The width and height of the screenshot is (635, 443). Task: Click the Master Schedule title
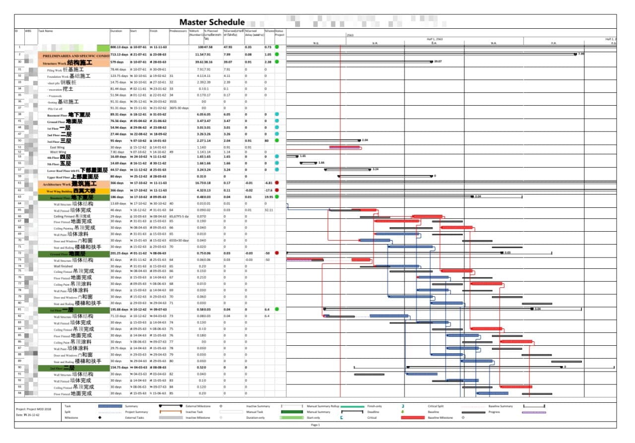pos(212,22)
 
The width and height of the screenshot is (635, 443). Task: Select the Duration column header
pos(116,31)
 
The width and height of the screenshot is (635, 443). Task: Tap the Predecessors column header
pos(178,31)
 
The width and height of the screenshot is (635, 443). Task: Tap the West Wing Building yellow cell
pos(73,190)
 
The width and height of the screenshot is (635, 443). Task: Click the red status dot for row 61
pos(277,183)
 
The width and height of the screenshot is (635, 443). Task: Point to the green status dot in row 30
pos(277,62)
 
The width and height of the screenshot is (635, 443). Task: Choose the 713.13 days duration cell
pos(119,54)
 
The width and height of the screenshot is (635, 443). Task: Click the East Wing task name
pos(58,147)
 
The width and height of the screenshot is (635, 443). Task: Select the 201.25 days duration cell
pos(119,253)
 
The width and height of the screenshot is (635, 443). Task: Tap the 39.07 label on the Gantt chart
pos(438,62)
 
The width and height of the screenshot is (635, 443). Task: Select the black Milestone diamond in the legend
pos(100,418)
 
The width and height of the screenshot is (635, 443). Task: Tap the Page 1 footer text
pos(315,425)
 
